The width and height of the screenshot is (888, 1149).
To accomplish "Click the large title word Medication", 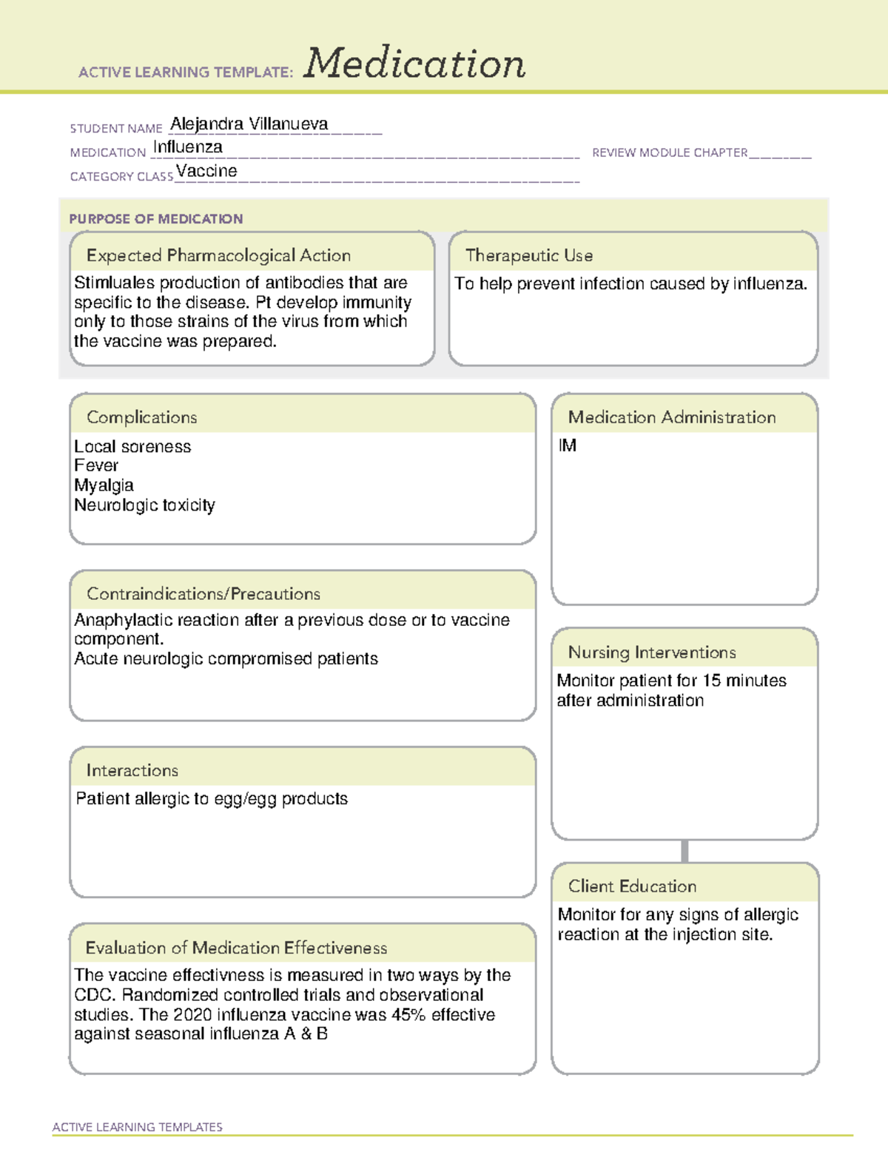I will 414,64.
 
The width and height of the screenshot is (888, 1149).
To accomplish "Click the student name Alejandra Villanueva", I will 249,124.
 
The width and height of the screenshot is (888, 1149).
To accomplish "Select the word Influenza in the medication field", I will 188,147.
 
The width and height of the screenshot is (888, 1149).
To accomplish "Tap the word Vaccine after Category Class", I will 207,171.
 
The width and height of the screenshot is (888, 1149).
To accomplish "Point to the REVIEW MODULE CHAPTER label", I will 670,152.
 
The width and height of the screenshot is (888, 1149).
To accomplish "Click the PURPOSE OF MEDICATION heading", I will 155,219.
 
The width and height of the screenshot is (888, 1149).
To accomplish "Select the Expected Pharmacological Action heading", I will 218,255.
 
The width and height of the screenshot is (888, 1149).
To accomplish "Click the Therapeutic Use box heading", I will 529,255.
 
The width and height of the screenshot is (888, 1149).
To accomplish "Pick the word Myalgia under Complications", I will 104,485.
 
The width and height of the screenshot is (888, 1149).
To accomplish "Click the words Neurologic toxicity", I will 144,505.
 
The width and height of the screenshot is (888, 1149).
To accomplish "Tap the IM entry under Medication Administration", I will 568,445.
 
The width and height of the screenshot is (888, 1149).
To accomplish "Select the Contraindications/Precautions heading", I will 203,593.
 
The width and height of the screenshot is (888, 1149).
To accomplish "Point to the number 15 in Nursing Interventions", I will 711,681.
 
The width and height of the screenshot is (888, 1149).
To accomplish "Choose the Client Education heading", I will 632,886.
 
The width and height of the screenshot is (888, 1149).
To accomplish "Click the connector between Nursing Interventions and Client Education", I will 684,852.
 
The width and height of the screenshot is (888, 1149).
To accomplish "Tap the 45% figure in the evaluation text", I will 408,1015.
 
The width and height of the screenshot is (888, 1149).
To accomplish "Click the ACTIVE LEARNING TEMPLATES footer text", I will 137,1127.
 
